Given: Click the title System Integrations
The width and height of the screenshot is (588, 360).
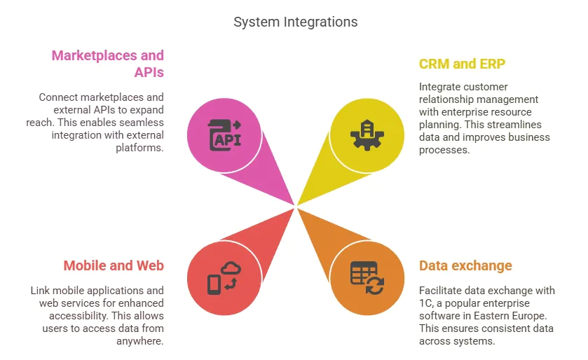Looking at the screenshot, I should [x=295, y=22].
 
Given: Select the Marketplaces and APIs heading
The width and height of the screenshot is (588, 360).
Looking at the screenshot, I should [x=107, y=64].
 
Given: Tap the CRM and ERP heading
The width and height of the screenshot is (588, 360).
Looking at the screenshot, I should [x=462, y=64].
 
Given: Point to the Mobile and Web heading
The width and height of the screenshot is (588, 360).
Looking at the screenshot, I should [x=114, y=265].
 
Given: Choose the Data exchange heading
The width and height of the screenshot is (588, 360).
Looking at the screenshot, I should [x=465, y=265].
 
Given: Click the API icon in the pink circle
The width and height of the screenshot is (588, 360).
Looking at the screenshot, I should [x=224, y=134].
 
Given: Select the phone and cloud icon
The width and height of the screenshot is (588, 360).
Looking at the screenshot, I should [x=224, y=277].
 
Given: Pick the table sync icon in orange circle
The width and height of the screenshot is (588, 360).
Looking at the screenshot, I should [x=367, y=277].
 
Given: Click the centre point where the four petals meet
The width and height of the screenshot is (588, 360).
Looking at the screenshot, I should [x=296, y=206].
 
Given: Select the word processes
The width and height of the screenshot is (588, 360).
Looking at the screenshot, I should [x=444, y=150].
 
